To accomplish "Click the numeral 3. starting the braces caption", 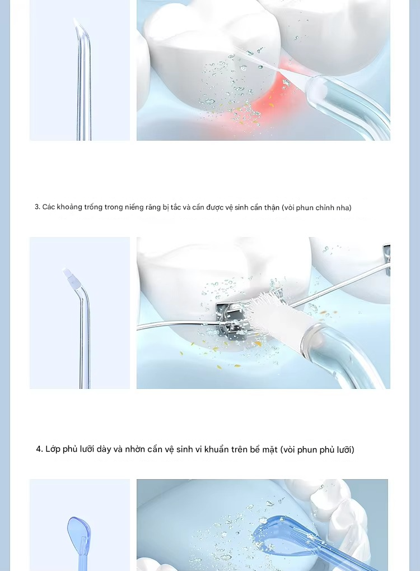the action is (x=38, y=207).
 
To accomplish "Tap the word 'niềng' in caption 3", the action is (x=134, y=207).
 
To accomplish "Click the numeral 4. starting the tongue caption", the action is (x=40, y=449).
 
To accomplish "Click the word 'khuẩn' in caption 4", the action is (x=216, y=449).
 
